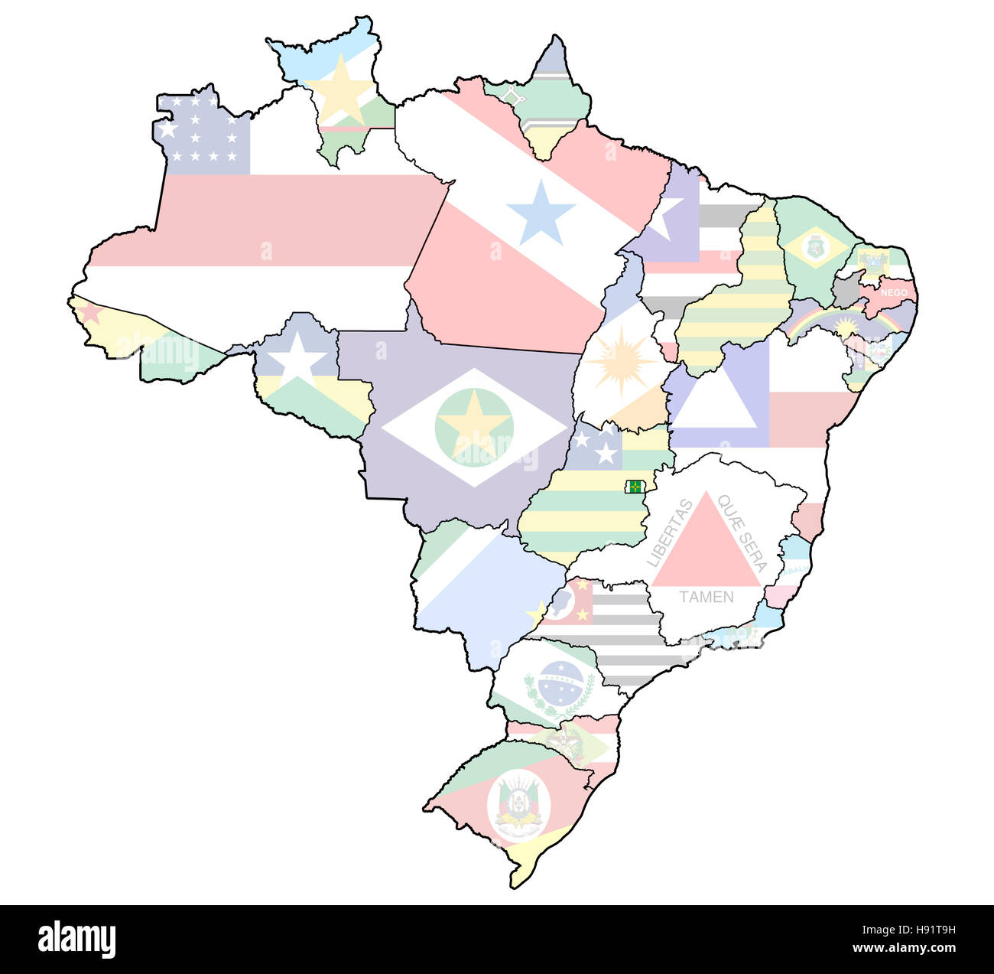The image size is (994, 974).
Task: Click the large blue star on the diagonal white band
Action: coord(541,212)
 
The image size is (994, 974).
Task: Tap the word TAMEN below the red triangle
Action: coord(706,597)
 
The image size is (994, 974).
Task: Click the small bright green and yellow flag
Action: coord(635,487)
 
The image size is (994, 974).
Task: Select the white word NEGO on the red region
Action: coord(894,293)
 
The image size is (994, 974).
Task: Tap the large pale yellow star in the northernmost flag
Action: coord(342,90)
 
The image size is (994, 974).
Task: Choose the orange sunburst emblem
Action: coord(621,360)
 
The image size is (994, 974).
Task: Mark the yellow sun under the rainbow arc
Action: coord(846,327)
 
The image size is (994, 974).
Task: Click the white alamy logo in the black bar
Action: coord(76,939)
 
